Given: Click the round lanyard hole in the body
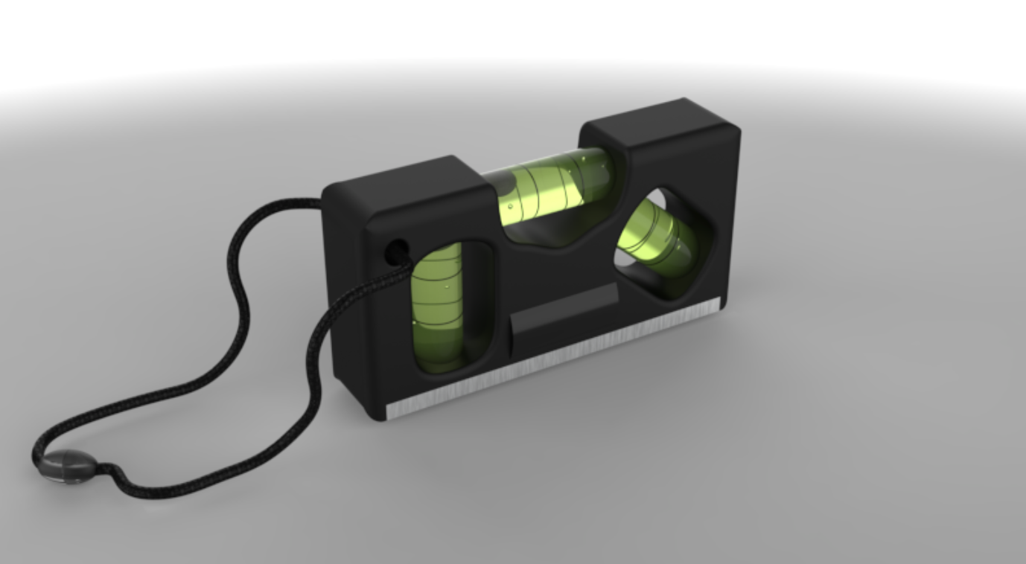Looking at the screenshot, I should pyautogui.click(x=395, y=251).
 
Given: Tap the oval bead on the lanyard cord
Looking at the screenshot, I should pyautogui.click(x=66, y=466).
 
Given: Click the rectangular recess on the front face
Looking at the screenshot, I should pyautogui.click(x=564, y=316).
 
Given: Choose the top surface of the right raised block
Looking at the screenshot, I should pyautogui.click(x=659, y=123).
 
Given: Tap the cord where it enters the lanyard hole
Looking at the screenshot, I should pyautogui.click(x=402, y=260).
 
